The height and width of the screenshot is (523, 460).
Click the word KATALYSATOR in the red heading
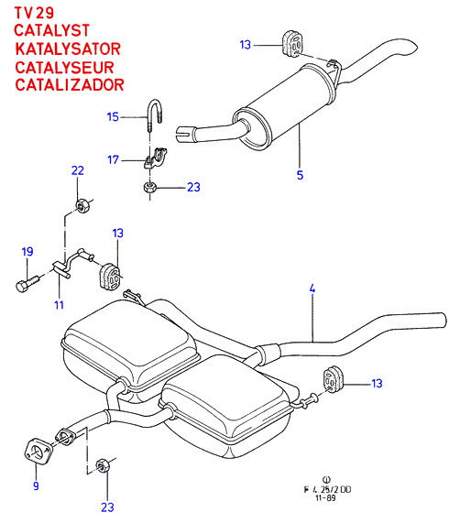click(x=68, y=49)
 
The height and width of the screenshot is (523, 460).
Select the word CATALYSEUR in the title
click(x=64, y=68)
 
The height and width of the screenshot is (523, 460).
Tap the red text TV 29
click(x=34, y=13)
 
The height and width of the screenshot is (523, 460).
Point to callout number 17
click(x=113, y=159)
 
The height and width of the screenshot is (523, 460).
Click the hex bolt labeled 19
click(x=27, y=284)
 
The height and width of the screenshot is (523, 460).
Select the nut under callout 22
click(x=82, y=206)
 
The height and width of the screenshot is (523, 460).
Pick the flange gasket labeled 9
click(x=38, y=452)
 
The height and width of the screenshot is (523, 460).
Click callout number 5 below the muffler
click(x=300, y=175)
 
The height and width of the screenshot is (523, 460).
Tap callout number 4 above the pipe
click(x=312, y=289)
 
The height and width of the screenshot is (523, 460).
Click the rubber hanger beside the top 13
click(x=293, y=43)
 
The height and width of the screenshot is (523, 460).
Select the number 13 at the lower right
click(x=377, y=383)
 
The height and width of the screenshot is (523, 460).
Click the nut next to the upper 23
click(x=150, y=187)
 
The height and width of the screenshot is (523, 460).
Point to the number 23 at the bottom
click(x=107, y=507)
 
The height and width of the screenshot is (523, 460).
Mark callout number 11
click(x=59, y=305)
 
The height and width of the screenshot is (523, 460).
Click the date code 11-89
click(x=325, y=498)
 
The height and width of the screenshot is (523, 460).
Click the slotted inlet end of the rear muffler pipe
click(x=183, y=134)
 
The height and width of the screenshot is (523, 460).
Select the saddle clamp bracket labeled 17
click(x=156, y=158)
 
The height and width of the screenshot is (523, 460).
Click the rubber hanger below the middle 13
click(x=110, y=277)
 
